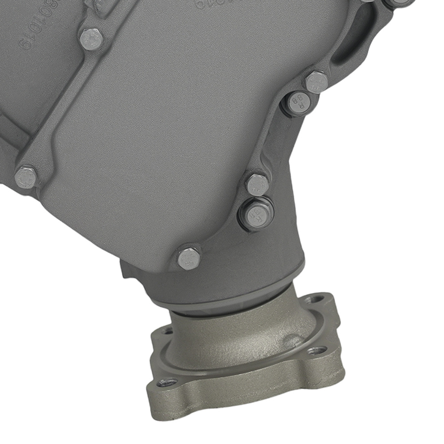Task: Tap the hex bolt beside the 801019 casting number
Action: point(91,39)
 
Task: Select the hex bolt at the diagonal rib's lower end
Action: point(25,177)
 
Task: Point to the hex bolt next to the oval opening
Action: point(316,82)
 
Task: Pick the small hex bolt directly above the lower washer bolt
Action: point(258,184)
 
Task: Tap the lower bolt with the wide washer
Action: point(257,214)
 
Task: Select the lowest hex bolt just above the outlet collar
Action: point(189,258)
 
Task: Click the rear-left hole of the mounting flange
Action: point(166,331)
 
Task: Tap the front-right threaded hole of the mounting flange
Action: point(317,351)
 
